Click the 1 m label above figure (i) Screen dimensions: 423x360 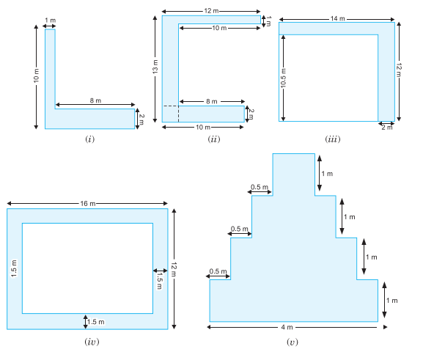[50, 21]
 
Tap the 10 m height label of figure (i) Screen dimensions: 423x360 [36, 76]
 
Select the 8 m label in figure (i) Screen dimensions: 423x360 [95, 100]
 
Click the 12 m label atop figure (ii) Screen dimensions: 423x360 [211, 11]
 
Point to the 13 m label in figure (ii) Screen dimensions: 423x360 [155, 67]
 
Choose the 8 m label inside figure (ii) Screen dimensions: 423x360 [212, 101]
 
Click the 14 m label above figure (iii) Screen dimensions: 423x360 [338, 18]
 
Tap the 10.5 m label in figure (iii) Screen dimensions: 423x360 [283, 78]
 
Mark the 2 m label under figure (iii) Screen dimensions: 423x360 [387, 128]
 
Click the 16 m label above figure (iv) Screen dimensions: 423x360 [88, 204]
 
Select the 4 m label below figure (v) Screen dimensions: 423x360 [287, 327]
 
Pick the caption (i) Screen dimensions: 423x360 [90, 139]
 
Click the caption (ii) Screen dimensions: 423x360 [213, 139]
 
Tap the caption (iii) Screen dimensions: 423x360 [333, 139]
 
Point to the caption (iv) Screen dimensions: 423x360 [92, 342]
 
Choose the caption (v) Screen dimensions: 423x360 [293, 342]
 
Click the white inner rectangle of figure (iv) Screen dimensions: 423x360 [88, 268]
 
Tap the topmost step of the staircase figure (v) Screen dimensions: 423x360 [294, 175]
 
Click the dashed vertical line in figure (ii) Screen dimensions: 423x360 [178, 114]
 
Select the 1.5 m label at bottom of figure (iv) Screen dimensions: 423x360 [96, 322]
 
